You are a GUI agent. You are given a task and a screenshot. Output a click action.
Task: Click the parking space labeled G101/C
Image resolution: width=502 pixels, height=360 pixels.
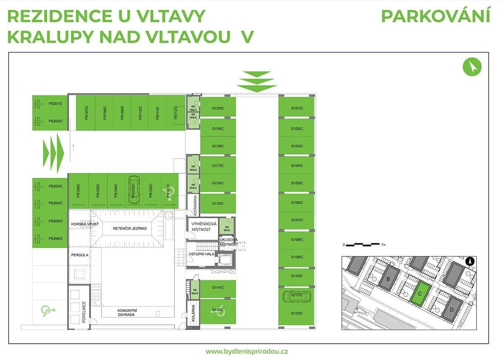pyautogui.click(x=297, y=108)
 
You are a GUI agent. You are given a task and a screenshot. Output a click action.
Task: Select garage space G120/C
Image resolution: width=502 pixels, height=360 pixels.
pyautogui.click(x=218, y=108)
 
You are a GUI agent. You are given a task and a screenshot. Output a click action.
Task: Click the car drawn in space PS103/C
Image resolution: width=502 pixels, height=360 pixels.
pyautogui.click(x=133, y=189)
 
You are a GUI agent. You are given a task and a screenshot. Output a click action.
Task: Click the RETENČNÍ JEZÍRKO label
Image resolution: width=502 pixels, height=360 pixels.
pyautogui.click(x=126, y=228)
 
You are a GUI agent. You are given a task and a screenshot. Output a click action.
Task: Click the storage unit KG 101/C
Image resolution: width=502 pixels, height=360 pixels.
pyautogui.click(x=226, y=228)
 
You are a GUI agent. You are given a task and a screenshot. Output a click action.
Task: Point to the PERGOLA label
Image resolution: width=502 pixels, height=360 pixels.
pyautogui.click(x=79, y=254)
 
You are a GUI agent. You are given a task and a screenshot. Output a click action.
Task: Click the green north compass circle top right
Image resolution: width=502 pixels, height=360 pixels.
pyautogui.click(x=472, y=66)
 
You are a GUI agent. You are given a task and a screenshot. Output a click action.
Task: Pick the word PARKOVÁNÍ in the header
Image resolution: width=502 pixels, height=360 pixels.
pyautogui.click(x=435, y=16)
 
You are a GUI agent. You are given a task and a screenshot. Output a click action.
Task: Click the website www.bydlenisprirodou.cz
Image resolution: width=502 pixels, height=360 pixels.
pyautogui.click(x=247, y=351)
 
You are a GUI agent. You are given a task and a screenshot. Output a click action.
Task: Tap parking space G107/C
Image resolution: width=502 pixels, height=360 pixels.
pyautogui.click(x=297, y=220)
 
